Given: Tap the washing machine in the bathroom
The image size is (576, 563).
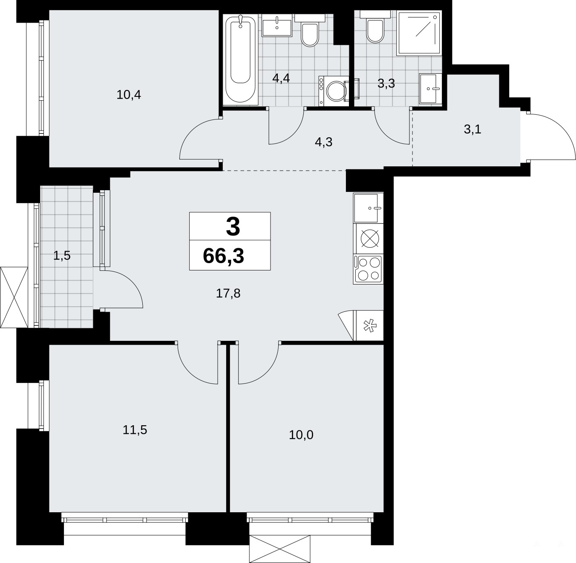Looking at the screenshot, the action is (334, 91).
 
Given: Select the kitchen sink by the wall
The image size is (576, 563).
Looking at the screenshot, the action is (368, 208).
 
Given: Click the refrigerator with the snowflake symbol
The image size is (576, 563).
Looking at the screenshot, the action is (369, 325).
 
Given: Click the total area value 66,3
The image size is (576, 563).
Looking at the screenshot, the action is (224, 256).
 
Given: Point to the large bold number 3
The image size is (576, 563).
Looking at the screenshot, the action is (233, 226).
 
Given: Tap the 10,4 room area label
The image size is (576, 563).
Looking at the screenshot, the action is (129, 95).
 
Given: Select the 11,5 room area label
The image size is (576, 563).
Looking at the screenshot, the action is (135, 430).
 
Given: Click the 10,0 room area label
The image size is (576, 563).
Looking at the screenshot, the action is (301, 435).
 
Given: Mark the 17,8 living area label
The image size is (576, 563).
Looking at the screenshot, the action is (228, 293).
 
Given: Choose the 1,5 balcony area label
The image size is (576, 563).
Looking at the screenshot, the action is (62, 255).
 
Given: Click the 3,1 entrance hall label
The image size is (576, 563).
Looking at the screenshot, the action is (472, 130).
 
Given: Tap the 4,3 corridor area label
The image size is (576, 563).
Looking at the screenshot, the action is (323, 142).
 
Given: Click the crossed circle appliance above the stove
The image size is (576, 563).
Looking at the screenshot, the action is (370, 238).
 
